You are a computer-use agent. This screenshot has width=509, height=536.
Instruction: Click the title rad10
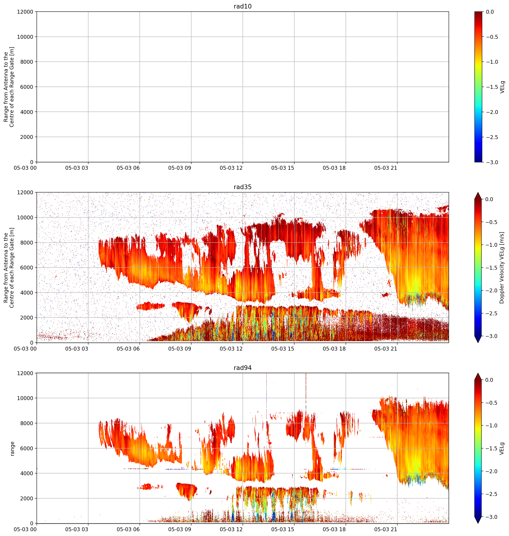click(x=243, y=6)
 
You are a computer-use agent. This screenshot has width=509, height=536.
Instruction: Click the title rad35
click(x=243, y=187)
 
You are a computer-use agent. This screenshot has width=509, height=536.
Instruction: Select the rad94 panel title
click(x=243, y=368)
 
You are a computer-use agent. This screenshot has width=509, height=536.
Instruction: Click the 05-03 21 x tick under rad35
click(x=385, y=349)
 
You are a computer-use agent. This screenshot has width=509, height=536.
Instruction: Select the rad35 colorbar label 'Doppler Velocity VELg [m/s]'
click(x=502, y=268)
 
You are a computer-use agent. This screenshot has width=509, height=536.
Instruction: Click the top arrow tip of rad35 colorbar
click(x=478, y=193)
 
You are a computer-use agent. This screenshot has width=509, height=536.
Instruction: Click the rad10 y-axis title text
click(x=9, y=87)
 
